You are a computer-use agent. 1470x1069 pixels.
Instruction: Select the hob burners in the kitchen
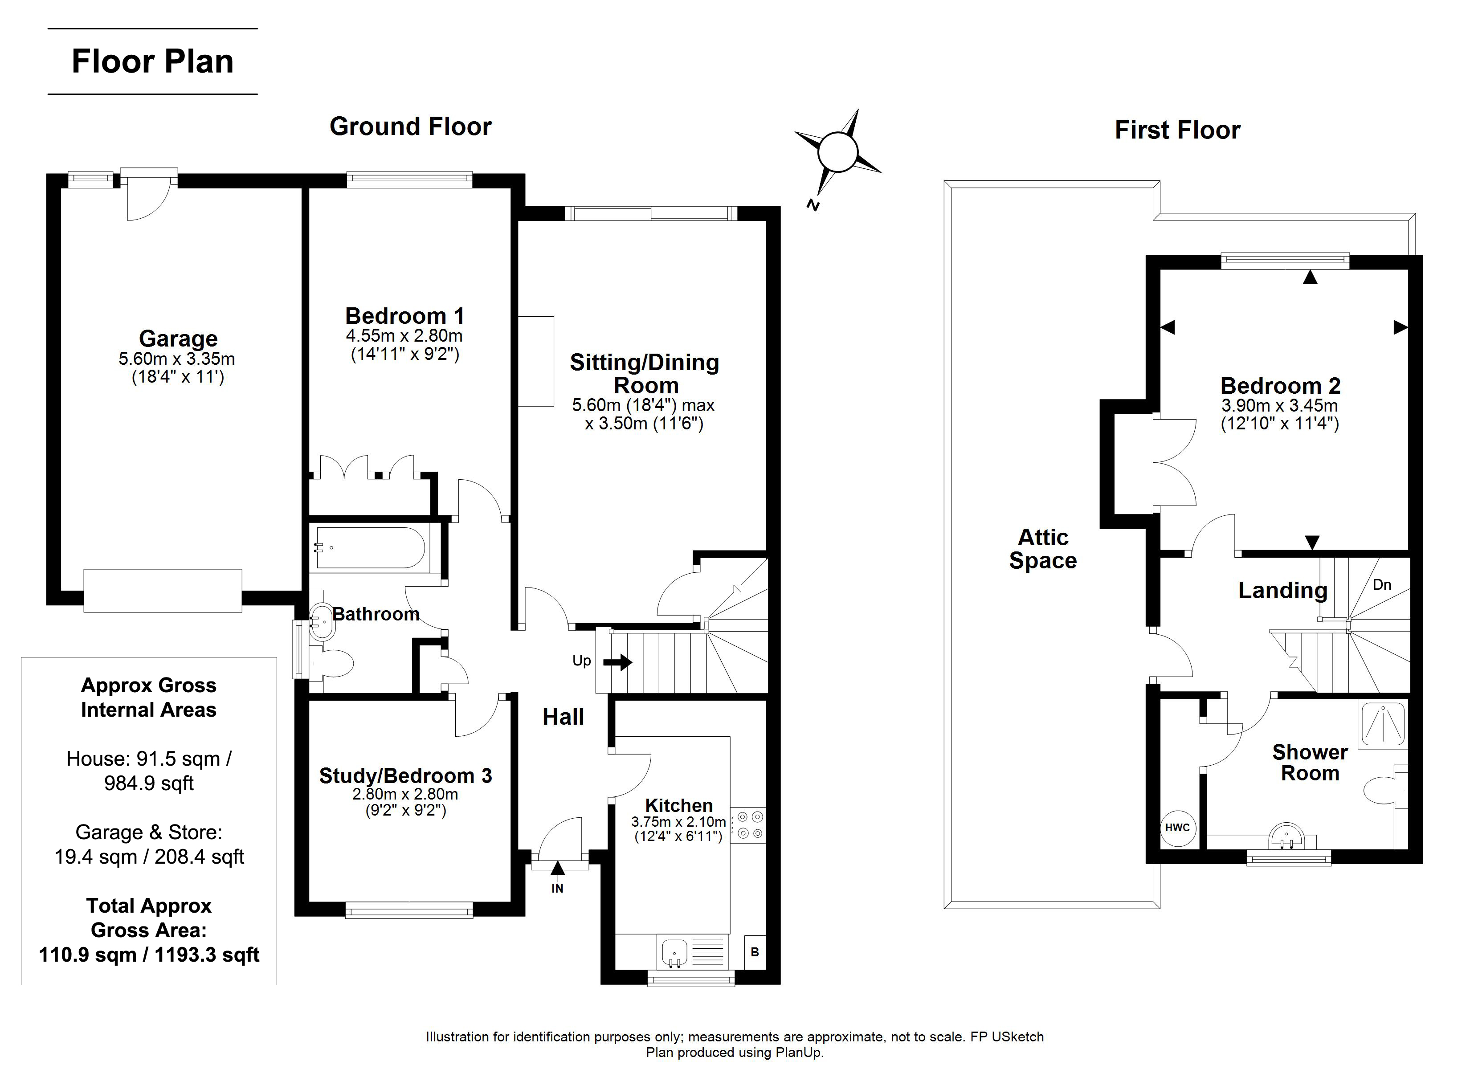pos(749,825)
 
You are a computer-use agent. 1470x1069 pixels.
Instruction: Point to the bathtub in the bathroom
pos(370,548)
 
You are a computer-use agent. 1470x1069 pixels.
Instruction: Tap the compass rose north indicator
pos(813,205)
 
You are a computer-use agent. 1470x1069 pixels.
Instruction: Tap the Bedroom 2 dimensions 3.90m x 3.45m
pos(1280,406)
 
